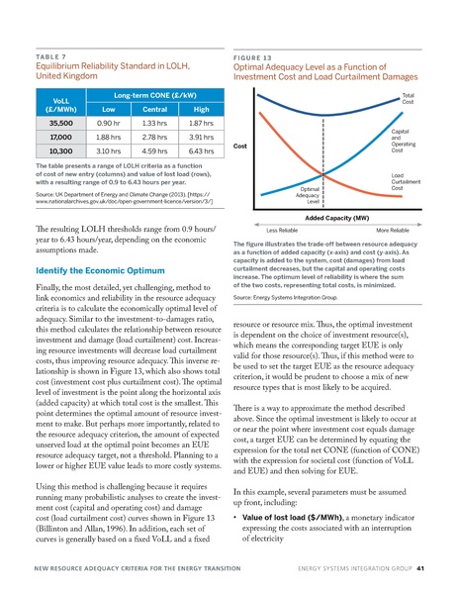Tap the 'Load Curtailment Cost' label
pos(407,182)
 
